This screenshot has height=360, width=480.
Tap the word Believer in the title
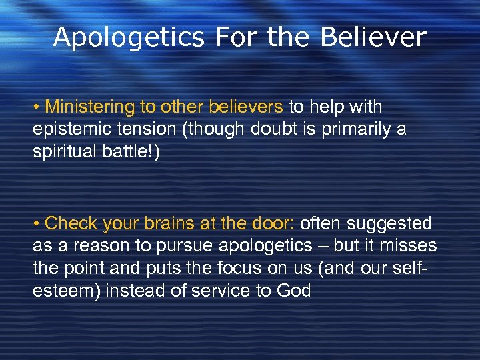point(373,37)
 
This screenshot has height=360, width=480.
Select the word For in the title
point(237,37)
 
